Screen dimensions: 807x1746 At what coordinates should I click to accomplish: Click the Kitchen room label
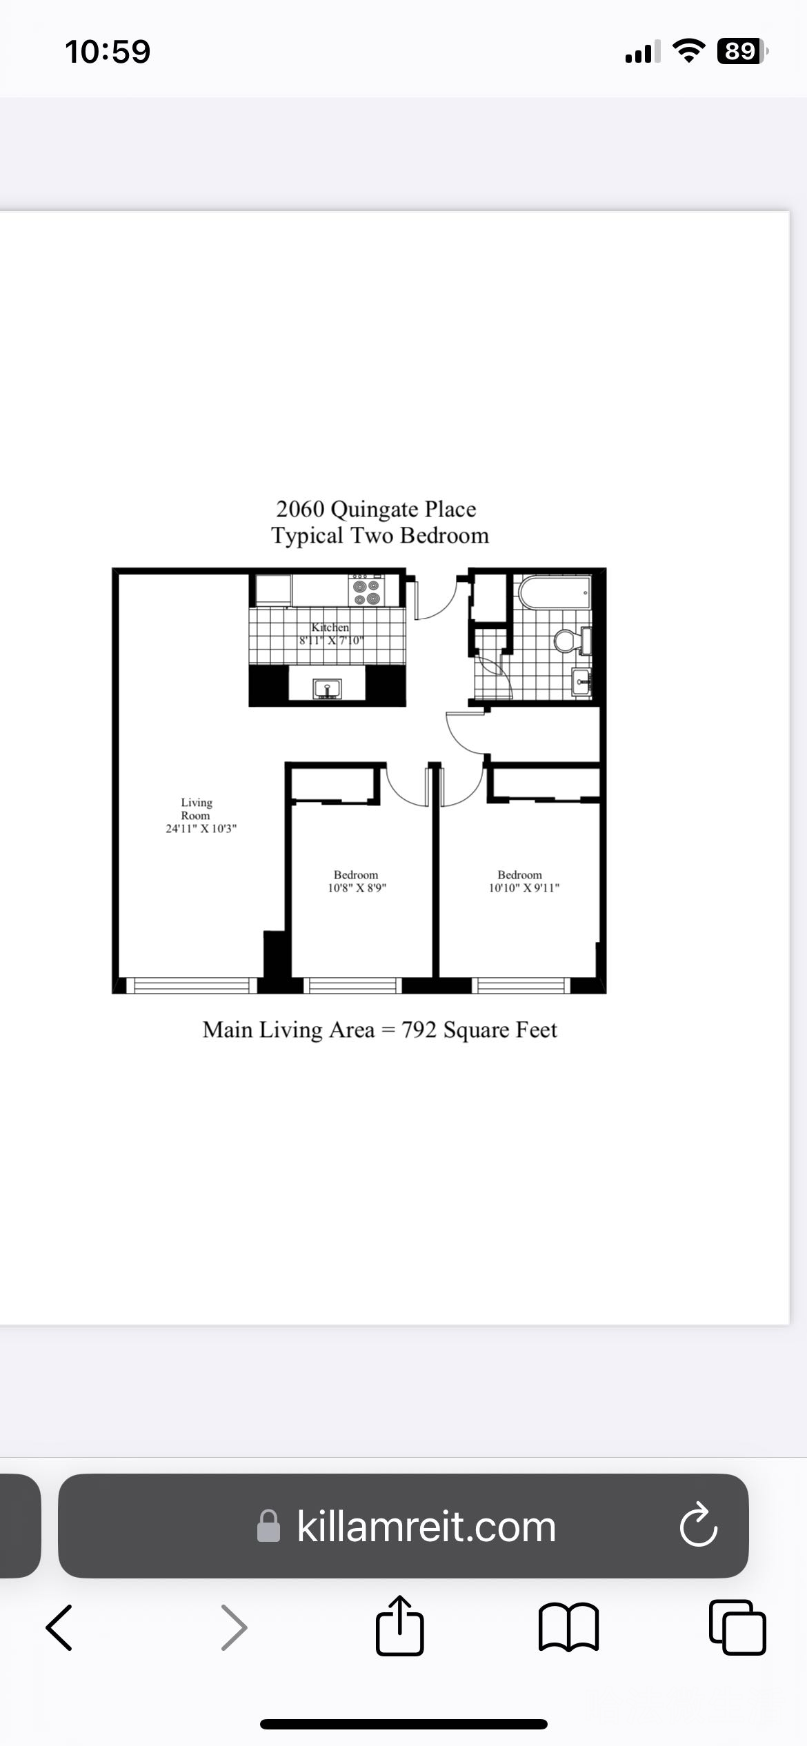[330, 628]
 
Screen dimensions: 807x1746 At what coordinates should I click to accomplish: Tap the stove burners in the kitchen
[367, 591]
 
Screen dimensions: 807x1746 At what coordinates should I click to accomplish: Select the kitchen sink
[327, 689]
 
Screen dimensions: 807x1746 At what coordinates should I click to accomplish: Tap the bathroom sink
[581, 681]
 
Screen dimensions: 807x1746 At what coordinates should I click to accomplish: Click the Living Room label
[197, 809]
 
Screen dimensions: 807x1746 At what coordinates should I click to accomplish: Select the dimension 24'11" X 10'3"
[201, 828]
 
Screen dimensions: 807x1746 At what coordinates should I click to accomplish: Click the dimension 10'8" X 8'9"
[357, 887]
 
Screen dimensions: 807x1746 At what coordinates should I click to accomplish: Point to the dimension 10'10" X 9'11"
[524, 887]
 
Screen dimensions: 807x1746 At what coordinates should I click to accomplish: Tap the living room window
[191, 985]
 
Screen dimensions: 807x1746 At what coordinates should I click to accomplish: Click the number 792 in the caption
[419, 1030]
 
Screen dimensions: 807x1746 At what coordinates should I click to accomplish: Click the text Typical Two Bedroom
[380, 536]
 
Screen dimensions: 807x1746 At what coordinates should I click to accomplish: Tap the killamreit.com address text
[426, 1526]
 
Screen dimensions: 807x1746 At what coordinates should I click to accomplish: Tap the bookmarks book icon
[568, 1627]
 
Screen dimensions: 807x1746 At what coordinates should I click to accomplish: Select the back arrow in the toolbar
[59, 1627]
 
